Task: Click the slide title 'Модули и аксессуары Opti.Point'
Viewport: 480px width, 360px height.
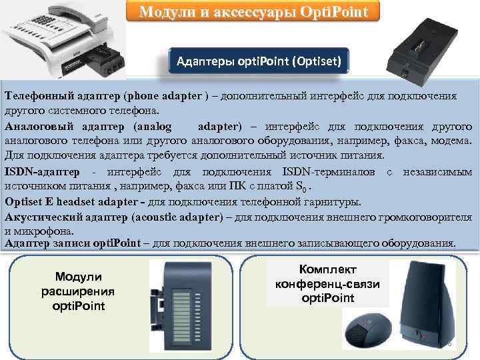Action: [x=253, y=12]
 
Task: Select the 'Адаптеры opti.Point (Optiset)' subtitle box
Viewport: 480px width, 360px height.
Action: [x=259, y=63]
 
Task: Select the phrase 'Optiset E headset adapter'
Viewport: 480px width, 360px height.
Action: [x=79, y=201]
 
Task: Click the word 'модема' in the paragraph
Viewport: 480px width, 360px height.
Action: [x=455, y=141]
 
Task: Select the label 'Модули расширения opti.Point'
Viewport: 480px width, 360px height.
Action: [x=78, y=291]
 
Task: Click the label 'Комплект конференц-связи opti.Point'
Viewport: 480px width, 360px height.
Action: [x=328, y=283]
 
